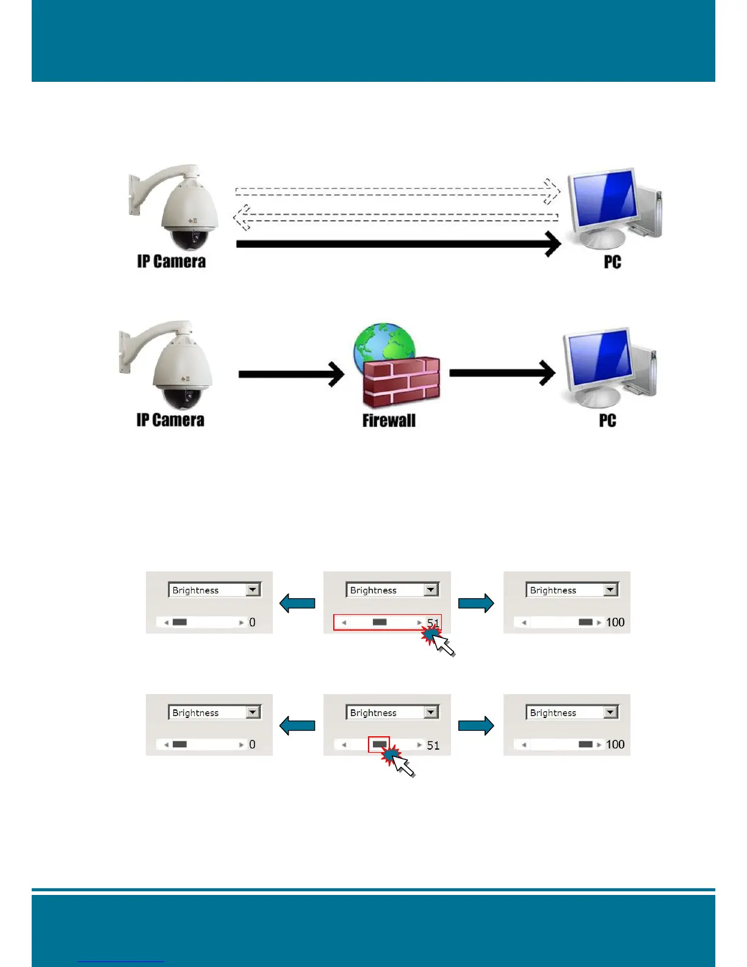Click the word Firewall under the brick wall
point(389,421)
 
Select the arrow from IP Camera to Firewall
point(291,374)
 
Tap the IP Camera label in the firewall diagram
point(170,420)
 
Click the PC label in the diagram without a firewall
point(612,262)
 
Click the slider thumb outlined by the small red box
point(379,744)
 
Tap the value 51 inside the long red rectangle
point(433,623)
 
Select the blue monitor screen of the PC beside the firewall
point(597,360)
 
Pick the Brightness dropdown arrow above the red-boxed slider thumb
point(431,712)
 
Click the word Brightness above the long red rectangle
point(374,590)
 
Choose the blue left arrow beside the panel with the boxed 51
point(297,603)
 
